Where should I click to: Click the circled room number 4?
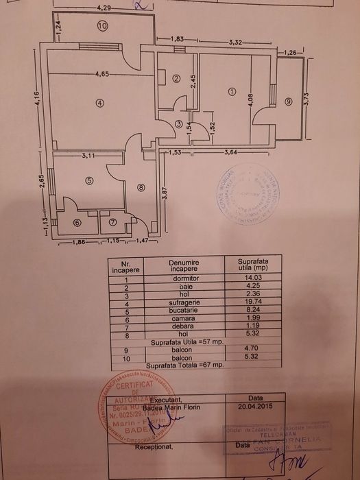(100, 104)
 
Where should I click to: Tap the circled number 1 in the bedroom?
(232, 91)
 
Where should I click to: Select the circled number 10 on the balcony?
(103, 27)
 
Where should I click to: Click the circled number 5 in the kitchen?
(89, 181)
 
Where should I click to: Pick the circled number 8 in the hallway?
(141, 187)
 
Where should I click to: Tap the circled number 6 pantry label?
(77, 222)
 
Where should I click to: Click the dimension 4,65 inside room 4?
(104, 74)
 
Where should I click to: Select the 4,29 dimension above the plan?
(104, 8)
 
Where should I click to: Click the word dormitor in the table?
(178, 277)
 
